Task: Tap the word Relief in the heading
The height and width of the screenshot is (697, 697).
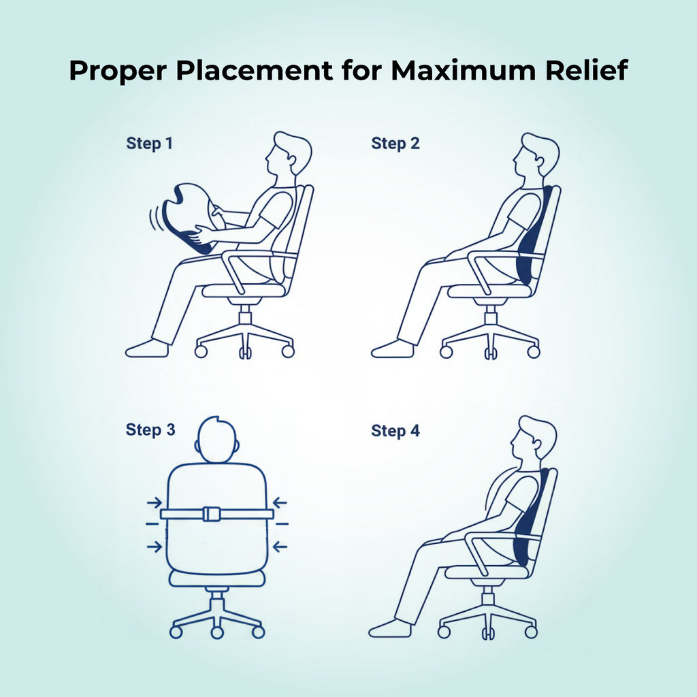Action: [586, 70]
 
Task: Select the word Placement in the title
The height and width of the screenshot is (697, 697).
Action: [255, 70]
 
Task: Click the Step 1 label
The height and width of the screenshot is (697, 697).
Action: [149, 143]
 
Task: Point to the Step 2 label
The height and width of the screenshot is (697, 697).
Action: [395, 143]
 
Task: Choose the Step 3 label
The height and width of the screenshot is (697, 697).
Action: [150, 429]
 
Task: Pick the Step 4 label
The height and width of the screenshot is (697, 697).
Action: [395, 430]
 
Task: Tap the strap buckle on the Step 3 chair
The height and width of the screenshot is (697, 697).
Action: [212, 514]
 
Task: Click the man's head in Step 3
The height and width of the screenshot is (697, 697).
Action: [216, 440]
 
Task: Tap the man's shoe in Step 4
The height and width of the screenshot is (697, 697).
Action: [390, 628]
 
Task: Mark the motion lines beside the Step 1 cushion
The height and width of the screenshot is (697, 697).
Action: [155, 218]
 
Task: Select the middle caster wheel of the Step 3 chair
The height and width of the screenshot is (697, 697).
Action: [217, 632]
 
